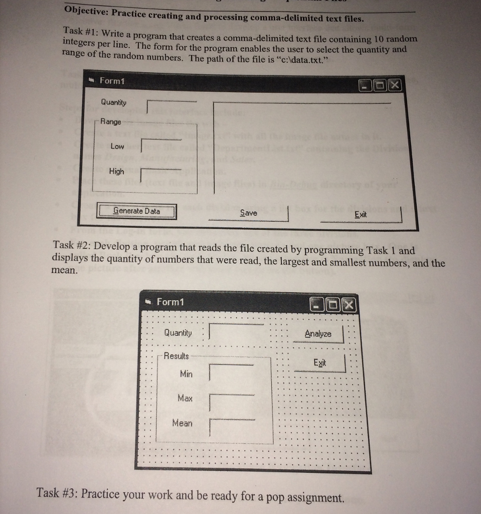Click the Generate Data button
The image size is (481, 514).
click(136, 211)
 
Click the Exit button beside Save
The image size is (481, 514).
click(361, 215)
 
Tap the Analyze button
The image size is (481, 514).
click(318, 334)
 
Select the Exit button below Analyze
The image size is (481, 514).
click(319, 363)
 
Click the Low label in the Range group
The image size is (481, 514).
click(117, 147)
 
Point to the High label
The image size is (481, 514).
click(116, 171)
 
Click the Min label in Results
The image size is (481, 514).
click(186, 374)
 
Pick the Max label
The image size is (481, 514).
click(185, 398)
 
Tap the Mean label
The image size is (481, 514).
click(182, 423)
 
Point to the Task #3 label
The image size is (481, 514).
click(58, 493)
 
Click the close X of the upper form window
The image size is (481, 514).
click(395, 86)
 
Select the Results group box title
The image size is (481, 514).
click(177, 356)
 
